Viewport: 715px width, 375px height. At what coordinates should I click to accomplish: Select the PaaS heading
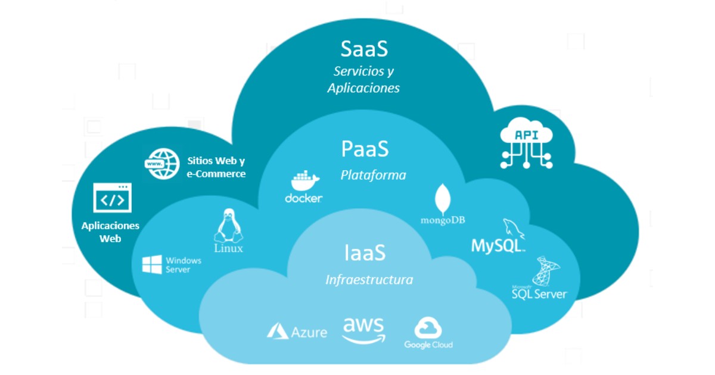[365, 149]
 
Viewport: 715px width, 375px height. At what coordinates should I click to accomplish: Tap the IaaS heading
[364, 253]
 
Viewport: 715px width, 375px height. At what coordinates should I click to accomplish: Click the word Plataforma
[373, 175]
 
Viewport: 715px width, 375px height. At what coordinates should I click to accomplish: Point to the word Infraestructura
[369, 280]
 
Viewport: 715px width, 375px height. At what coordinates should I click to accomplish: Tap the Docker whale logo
[304, 180]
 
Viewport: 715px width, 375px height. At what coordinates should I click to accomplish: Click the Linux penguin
[227, 226]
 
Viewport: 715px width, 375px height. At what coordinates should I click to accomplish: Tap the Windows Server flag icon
[152, 264]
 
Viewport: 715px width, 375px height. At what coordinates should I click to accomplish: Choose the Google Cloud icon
[428, 328]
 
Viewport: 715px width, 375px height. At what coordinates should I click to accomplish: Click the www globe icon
[162, 162]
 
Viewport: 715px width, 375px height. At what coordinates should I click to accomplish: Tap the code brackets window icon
[112, 198]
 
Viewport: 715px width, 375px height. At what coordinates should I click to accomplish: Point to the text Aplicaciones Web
[110, 232]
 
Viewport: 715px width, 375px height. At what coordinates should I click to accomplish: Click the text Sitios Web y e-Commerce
[216, 167]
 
